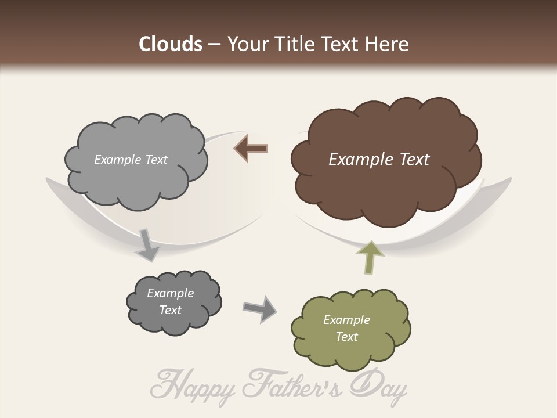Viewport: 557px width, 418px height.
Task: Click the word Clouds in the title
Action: tap(171, 44)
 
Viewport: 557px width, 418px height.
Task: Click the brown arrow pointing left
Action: tap(251, 149)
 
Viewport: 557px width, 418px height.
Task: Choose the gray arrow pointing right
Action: tap(260, 308)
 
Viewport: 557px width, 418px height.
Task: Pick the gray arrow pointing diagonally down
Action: tap(147, 245)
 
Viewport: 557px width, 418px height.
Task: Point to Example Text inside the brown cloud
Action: tap(379, 160)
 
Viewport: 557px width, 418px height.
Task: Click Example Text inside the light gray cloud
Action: tap(131, 160)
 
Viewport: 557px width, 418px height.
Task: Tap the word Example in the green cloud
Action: tap(346, 320)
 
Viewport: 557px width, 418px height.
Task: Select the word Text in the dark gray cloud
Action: tap(171, 310)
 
